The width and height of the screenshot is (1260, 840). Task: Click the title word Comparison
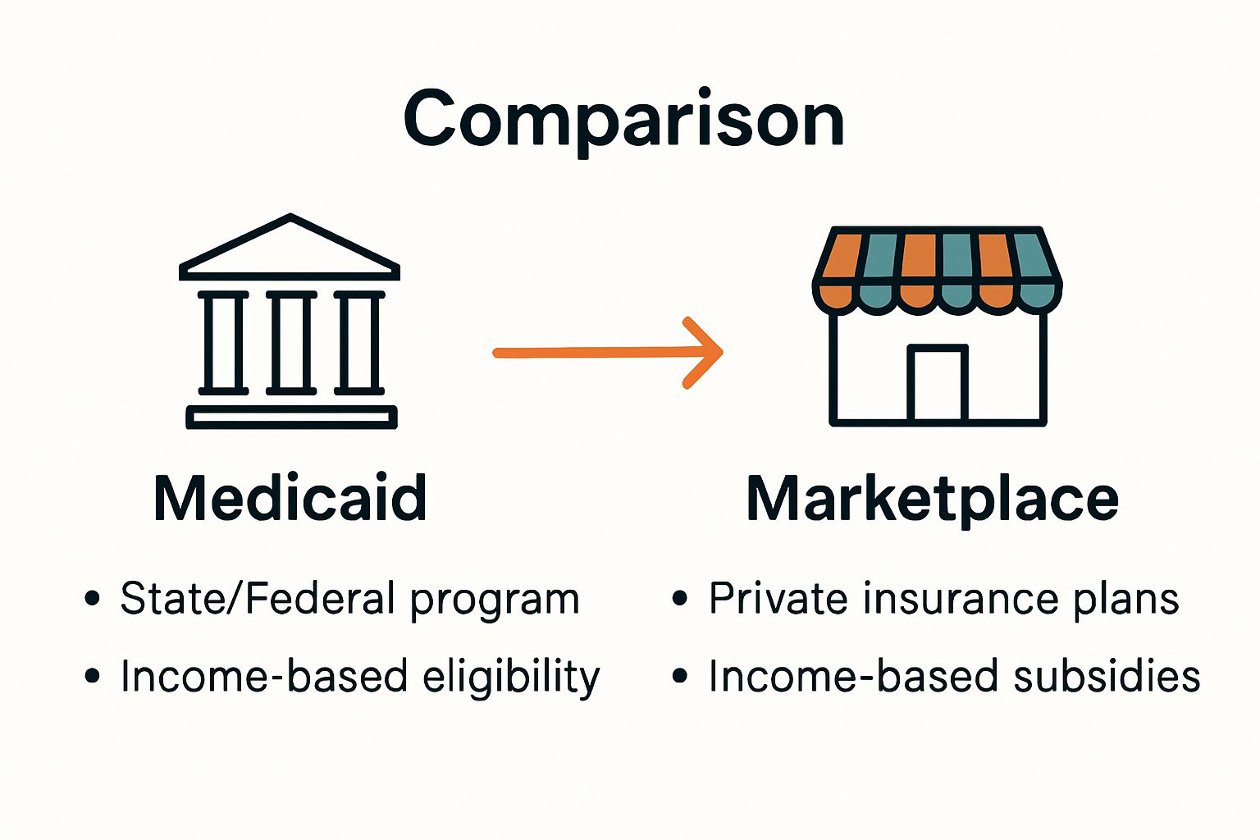(623, 121)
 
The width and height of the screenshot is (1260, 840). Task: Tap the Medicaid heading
(290, 498)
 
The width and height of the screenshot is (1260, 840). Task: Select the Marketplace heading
(933, 500)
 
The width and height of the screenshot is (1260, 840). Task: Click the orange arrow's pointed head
(707, 352)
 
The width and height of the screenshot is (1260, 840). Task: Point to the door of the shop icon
(938, 384)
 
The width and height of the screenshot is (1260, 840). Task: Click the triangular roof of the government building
(290, 249)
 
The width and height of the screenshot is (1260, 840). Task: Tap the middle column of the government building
(290, 342)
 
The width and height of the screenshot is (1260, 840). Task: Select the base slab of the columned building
(291, 418)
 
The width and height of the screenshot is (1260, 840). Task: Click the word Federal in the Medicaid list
(321, 598)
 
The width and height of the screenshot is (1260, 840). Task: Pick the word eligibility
(511, 678)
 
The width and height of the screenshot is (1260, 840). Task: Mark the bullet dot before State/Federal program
(93, 598)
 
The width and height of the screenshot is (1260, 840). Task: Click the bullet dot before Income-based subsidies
(679, 677)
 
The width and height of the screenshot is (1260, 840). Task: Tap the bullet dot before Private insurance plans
(679, 598)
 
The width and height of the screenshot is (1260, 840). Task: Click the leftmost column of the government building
(223, 342)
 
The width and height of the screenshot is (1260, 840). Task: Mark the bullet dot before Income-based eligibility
(93, 677)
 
